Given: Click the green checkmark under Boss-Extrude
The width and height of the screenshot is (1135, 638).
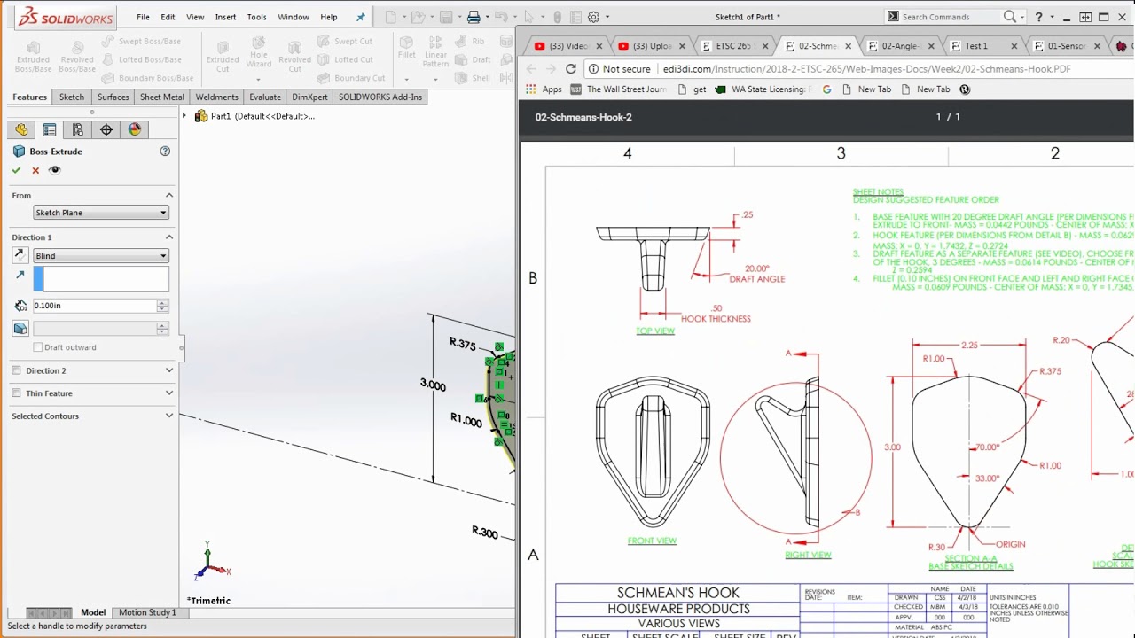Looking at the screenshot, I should tap(16, 170).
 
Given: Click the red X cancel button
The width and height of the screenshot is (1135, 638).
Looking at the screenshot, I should tap(35, 170).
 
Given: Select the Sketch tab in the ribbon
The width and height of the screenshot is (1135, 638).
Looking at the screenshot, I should tap(72, 97).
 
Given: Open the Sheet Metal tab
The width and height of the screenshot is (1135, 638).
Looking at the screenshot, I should tap(162, 97).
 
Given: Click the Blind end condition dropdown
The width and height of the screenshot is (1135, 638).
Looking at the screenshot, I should tap(100, 256).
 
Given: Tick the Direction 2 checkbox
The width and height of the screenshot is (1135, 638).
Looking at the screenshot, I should tap(17, 370).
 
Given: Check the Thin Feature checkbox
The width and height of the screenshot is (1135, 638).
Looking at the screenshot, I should tap(17, 393).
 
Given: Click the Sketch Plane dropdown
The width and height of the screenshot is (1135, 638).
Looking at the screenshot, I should tap(100, 213).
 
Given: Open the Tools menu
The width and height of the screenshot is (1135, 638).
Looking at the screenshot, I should tap(256, 17).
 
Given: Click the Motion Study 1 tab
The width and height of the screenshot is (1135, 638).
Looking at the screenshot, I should tap(147, 612).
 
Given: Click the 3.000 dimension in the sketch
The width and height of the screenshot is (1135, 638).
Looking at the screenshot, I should tap(433, 385).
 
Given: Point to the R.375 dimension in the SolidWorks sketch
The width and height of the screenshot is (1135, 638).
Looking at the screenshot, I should tap(462, 344).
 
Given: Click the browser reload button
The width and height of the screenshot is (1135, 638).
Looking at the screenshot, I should tap(571, 69).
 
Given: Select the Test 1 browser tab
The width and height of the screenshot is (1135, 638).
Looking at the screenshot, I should tap(975, 46).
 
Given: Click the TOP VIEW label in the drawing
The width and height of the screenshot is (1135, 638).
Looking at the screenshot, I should tap(655, 331).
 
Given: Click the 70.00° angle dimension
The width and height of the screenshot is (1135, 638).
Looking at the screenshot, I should tap(987, 447).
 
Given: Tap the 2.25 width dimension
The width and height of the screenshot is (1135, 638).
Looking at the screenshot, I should tap(970, 346).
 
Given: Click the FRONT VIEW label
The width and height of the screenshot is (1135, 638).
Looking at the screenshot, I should tap(652, 541).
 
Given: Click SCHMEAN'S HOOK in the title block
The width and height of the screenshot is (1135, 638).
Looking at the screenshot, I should tap(678, 593).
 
